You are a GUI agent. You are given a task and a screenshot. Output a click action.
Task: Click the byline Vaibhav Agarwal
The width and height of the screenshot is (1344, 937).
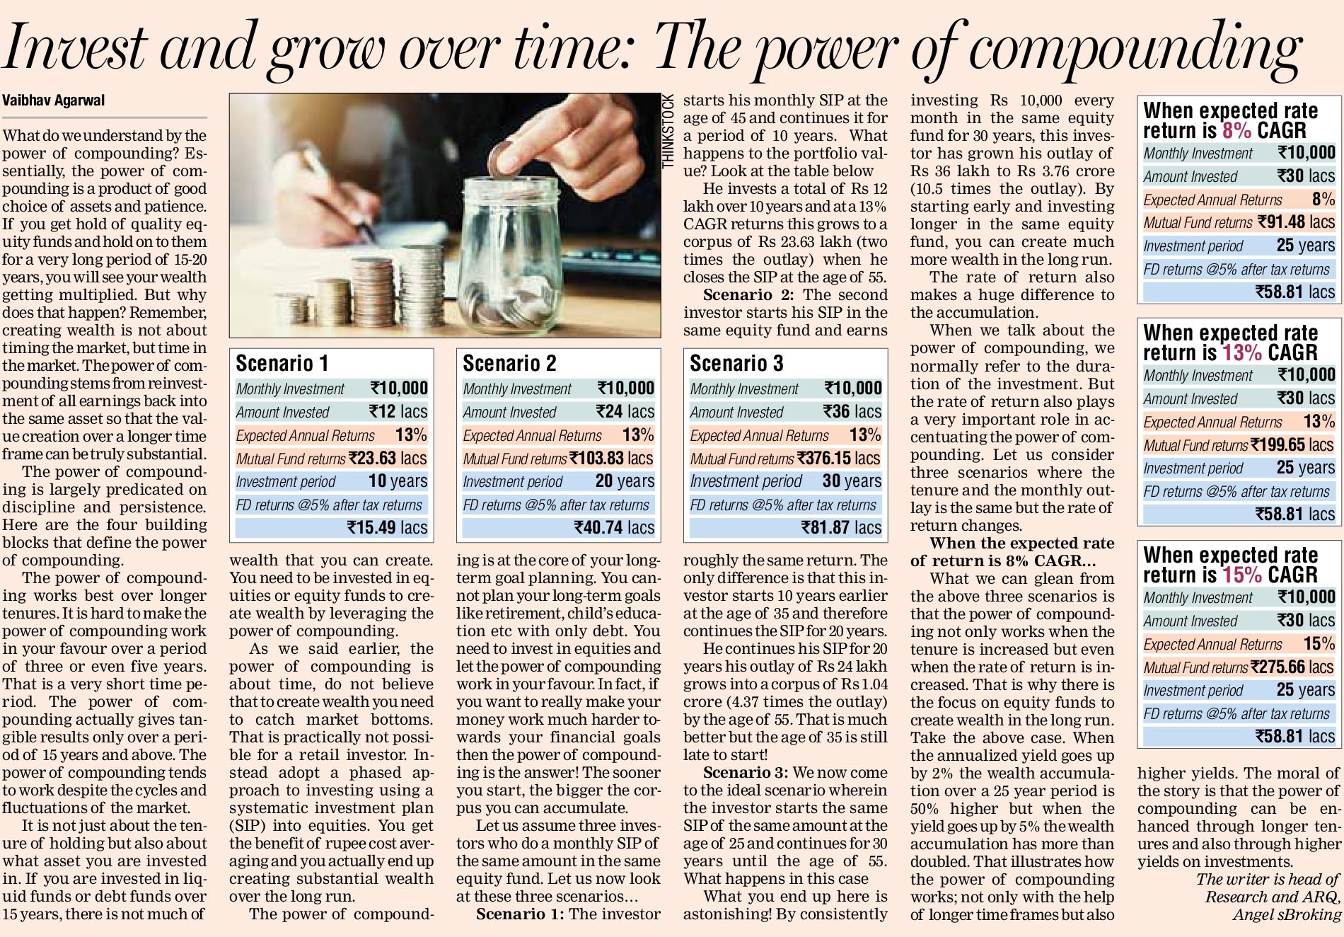tap(54, 100)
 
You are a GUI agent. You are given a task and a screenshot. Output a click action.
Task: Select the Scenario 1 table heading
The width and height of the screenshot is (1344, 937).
tap(282, 363)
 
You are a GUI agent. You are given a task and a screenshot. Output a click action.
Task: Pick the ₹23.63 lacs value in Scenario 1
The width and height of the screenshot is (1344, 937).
tap(388, 458)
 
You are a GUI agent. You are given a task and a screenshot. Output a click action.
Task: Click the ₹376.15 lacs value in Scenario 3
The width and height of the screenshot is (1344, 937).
tap(838, 458)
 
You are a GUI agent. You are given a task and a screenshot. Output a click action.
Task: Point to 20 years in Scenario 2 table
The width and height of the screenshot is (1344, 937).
tap(625, 481)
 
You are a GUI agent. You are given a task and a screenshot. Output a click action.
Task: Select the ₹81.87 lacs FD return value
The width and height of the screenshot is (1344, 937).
tap(841, 527)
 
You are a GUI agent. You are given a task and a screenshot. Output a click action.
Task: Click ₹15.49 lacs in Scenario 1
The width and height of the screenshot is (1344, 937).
tap(387, 527)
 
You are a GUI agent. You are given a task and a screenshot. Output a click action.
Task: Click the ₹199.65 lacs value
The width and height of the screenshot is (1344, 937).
tap(1292, 444)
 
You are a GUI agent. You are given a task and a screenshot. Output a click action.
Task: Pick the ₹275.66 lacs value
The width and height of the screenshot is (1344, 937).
tap(1292, 667)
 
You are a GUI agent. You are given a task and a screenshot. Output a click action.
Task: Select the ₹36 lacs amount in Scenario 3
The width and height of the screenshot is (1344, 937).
tap(852, 411)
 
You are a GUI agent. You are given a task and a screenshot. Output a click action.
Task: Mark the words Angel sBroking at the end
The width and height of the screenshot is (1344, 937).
tap(1287, 914)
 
